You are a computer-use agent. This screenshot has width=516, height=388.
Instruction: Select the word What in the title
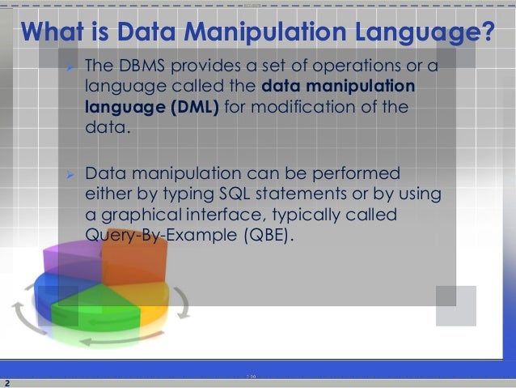(56, 33)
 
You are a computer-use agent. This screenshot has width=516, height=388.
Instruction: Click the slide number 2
(6, 382)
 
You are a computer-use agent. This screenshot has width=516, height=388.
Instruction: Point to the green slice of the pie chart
(97, 313)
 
